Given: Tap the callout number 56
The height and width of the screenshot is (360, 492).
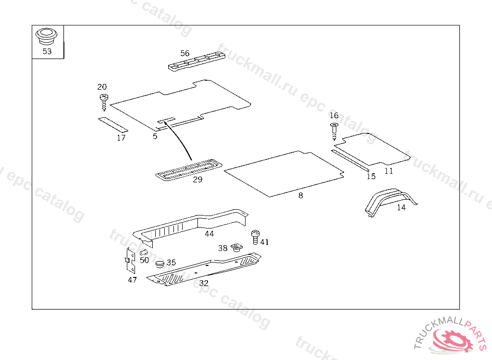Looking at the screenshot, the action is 185,53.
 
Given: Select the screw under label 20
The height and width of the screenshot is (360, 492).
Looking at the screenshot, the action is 104,102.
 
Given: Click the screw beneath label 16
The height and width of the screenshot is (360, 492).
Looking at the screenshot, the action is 334,131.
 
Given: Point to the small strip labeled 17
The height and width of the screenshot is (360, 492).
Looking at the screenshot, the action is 113,124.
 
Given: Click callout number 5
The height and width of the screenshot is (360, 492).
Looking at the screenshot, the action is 155,136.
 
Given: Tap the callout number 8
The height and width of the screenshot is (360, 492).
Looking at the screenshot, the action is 301,196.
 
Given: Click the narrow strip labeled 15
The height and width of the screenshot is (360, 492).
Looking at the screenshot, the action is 350,160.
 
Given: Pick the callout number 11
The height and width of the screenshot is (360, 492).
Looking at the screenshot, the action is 389,171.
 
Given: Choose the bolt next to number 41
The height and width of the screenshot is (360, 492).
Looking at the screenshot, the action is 255,238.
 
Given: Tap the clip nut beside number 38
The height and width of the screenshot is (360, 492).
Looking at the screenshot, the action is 237,248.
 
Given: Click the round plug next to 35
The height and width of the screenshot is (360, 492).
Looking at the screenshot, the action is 160,264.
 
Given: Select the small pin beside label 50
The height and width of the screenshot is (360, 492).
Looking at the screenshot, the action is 143,252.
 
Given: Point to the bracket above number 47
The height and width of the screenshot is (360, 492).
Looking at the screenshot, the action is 131,260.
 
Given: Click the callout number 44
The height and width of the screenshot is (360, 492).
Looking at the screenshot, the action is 209,234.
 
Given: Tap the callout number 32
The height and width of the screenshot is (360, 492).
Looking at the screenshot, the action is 204,284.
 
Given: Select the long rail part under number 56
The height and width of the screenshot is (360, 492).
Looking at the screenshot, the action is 197,61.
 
